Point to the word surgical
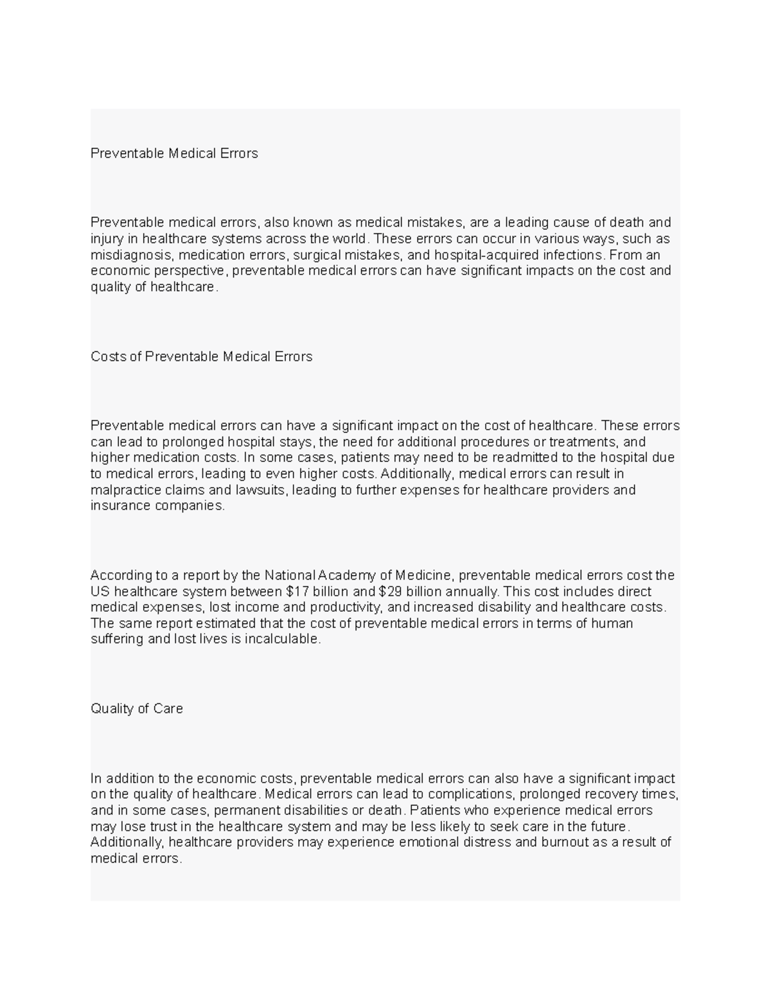[x=317, y=254]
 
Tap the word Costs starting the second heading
[x=109, y=357]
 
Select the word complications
[x=467, y=794]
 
